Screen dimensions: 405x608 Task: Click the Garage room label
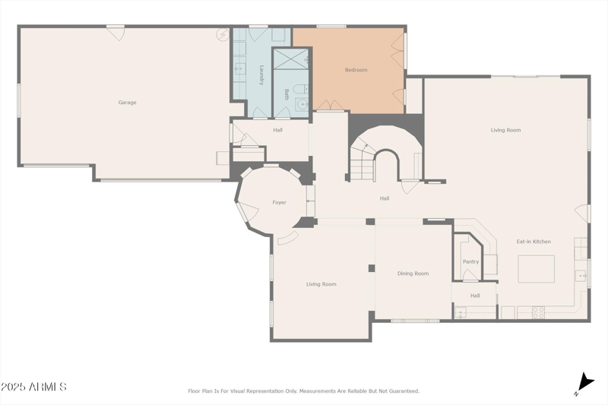(x=127, y=102)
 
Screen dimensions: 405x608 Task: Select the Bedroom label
(x=356, y=70)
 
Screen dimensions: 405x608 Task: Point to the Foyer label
(x=279, y=202)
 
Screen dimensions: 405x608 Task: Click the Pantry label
(x=470, y=261)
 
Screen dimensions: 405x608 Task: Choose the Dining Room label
(x=413, y=274)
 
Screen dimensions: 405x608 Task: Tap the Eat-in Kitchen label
(x=534, y=242)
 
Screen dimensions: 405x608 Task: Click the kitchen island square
(x=536, y=268)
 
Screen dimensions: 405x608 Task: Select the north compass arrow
(x=584, y=382)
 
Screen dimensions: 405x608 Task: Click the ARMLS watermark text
(x=33, y=387)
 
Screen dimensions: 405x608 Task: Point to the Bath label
(x=287, y=94)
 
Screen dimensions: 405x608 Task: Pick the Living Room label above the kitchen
(x=505, y=130)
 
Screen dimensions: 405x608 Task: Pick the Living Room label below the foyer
(x=321, y=284)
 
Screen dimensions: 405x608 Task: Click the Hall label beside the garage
(x=278, y=130)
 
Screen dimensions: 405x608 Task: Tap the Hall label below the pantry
(x=474, y=296)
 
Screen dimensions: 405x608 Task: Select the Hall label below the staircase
(x=385, y=198)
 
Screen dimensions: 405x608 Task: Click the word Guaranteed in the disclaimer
(x=401, y=391)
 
